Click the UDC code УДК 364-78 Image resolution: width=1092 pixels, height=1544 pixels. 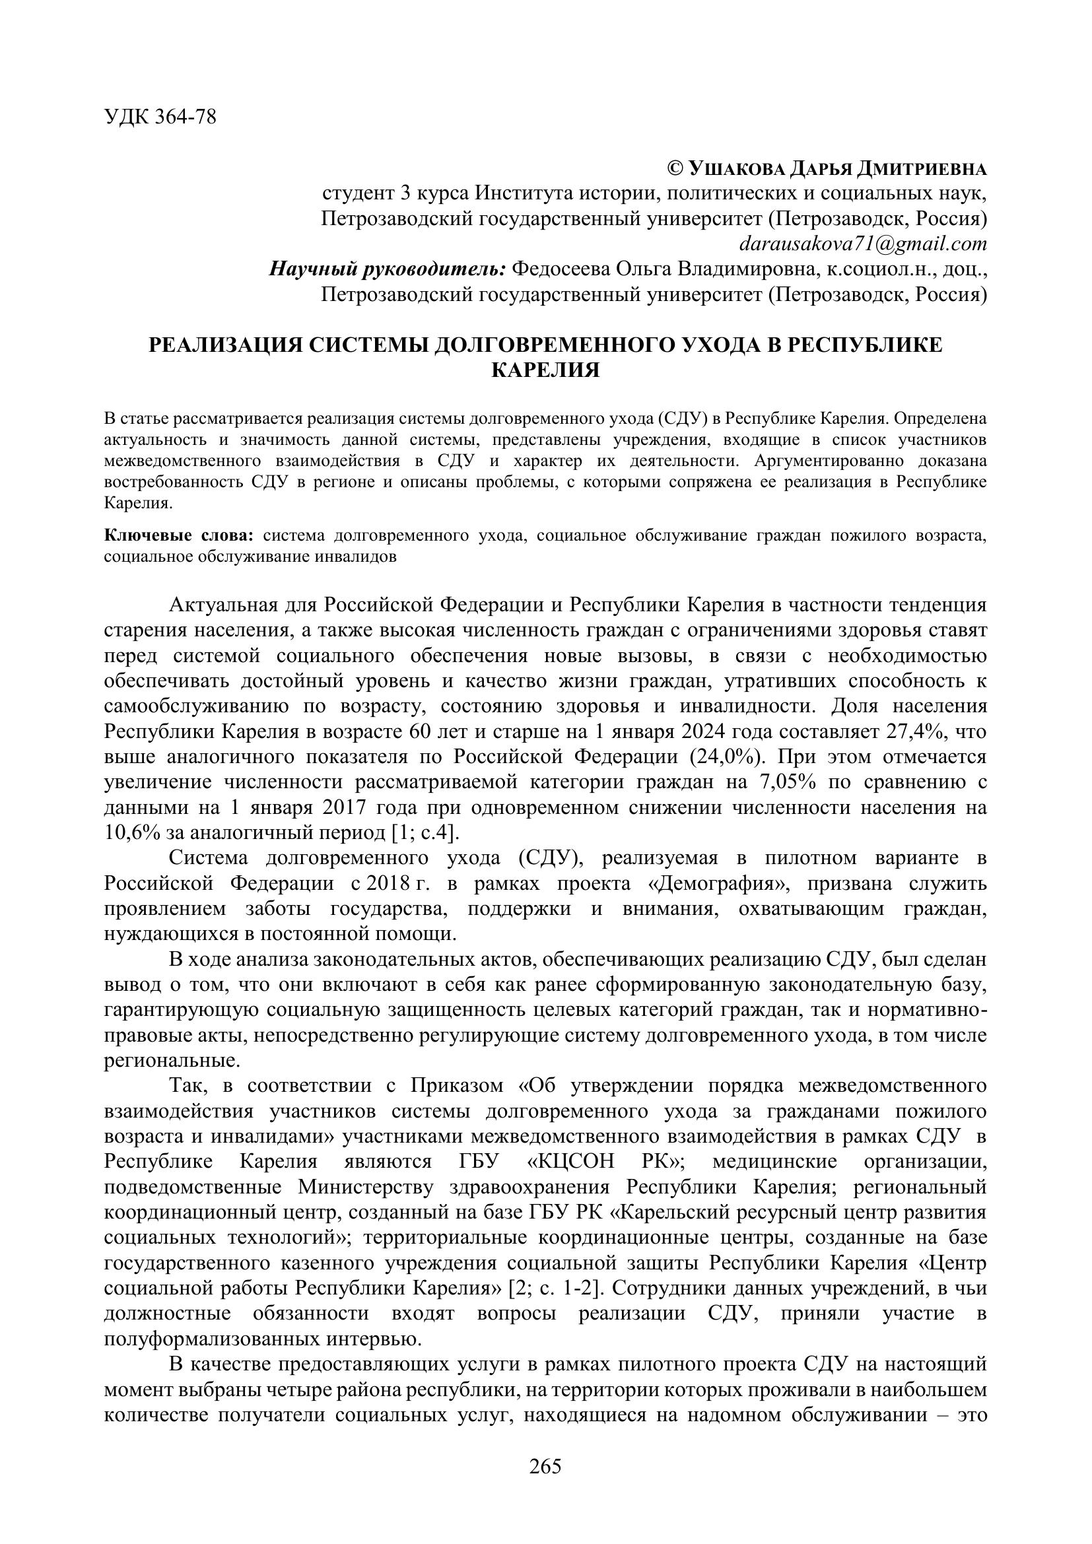[x=160, y=117]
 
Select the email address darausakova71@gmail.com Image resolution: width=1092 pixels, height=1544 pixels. [x=863, y=244]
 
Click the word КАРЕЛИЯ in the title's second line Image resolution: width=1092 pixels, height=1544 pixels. [x=545, y=370]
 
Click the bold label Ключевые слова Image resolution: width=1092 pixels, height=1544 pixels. [x=178, y=536]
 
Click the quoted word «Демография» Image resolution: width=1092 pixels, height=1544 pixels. [x=591, y=884]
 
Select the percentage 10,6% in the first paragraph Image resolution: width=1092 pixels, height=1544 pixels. [x=132, y=833]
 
